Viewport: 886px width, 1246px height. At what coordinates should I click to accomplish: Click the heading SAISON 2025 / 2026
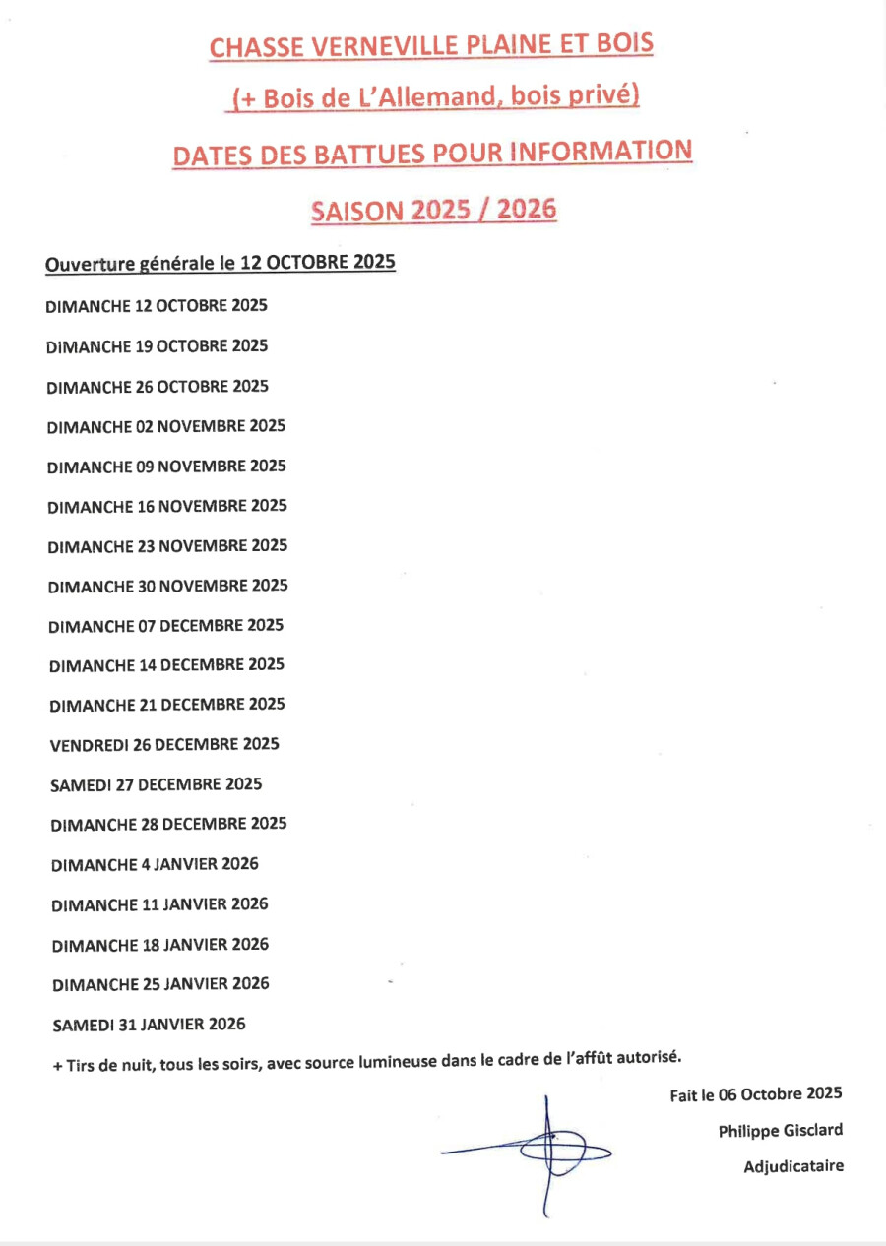pyautogui.click(x=433, y=209)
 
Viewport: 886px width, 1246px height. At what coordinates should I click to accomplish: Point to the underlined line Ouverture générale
pyautogui.click(x=221, y=264)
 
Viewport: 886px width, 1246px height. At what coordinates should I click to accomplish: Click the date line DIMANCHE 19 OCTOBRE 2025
pyautogui.click(x=157, y=346)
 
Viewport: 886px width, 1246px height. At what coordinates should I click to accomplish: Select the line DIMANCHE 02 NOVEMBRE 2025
pyautogui.click(x=165, y=426)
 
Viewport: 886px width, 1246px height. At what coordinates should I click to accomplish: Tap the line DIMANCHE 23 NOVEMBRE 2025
pyautogui.click(x=167, y=545)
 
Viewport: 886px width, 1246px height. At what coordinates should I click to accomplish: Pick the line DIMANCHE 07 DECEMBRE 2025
pyautogui.click(x=165, y=625)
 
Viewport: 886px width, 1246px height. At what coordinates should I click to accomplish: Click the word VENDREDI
pyautogui.click(x=89, y=745)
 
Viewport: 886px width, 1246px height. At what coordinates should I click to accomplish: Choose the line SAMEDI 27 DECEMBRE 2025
pyautogui.click(x=156, y=784)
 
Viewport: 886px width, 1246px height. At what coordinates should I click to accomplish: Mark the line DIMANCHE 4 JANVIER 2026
pyautogui.click(x=155, y=865)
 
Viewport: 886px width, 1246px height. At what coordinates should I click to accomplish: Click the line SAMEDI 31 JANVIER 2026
pyautogui.click(x=149, y=1024)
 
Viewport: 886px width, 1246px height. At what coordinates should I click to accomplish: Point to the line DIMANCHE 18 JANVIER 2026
pyautogui.click(x=159, y=945)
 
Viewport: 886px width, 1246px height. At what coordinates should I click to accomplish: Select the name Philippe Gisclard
pyautogui.click(x=780, y=1130)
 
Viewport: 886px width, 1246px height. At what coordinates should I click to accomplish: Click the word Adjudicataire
pyautogui.click(x=792, y=1166)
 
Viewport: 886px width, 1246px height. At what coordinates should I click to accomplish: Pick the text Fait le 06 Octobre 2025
pyautogui.click(x=755, y=1094)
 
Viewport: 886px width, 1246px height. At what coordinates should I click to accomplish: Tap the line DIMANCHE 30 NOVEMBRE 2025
pyautogui.click(x=167, y=586)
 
